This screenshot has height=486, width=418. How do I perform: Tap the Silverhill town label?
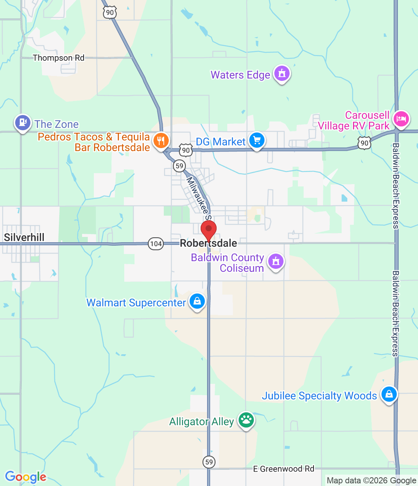tap(24, 238)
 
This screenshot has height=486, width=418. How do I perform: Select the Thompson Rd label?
tap(59, 58)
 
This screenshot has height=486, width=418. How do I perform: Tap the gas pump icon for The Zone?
tap(23, 122)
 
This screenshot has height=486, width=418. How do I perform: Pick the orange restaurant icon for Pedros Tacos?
tap(161, 140)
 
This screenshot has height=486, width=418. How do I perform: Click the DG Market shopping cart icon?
tap(257, 140)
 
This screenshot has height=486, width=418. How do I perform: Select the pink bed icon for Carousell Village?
tap(401, 119)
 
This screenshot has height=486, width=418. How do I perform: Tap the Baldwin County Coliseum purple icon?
tap(276, 261)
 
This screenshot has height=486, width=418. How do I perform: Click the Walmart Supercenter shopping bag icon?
tap(197, 301)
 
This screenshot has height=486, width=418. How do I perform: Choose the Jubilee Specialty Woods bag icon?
tap(389, 394)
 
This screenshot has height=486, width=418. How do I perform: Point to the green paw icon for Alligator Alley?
tap(246, 420)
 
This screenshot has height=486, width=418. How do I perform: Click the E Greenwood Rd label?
tap(284, 469)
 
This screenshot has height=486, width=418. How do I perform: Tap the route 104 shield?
tap(156, 244)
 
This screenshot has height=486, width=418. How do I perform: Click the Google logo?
tap(26, 477)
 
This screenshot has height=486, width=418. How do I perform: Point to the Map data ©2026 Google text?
tap(371, 481)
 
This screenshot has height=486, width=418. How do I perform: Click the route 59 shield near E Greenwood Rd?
tap(209, 462)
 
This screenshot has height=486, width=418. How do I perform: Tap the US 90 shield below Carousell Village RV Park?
tap(364, 143)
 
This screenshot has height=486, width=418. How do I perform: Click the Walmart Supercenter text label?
tap(136, 303)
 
